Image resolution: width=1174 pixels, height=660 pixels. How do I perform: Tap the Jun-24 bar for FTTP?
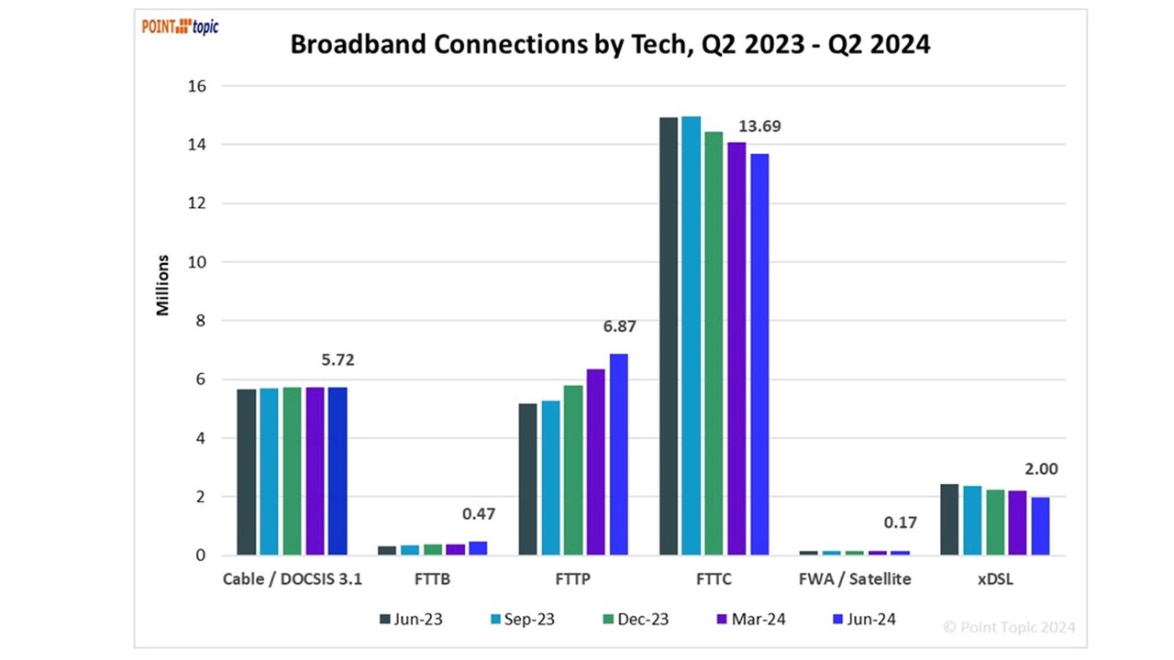click(x=619, y=454)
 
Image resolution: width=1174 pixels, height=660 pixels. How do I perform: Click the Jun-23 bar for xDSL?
click(x=949, y=519)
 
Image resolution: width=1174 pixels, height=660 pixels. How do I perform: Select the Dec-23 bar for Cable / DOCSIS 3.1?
click(x=292, y=471)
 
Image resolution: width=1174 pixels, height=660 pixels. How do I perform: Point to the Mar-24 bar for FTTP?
click(x=596, y=462)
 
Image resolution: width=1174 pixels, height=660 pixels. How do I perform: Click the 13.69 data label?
click(x=759, y=126)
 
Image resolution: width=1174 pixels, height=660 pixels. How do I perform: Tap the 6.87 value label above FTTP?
click(x=619, y=326)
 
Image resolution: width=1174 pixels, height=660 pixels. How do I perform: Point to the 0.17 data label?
click(x=900, y=523)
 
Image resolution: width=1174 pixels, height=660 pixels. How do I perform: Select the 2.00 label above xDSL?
click(x=1041, y=469)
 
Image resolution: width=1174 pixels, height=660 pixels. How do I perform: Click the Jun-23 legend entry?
click(x=411, y=619)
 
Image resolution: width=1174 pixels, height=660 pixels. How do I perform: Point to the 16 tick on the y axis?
click(x=198, y=86)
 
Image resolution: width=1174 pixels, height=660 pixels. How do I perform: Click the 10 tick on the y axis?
click(x=198, y=262)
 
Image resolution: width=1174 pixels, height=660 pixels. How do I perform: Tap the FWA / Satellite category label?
click(x=854, y=579)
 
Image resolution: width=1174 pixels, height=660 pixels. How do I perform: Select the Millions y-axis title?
click(x=163, y=285)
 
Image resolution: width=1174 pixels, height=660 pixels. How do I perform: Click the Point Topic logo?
click(x=180, y=27)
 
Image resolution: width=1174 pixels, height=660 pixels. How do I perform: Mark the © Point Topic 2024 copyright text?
click(x=1009, y=628)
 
